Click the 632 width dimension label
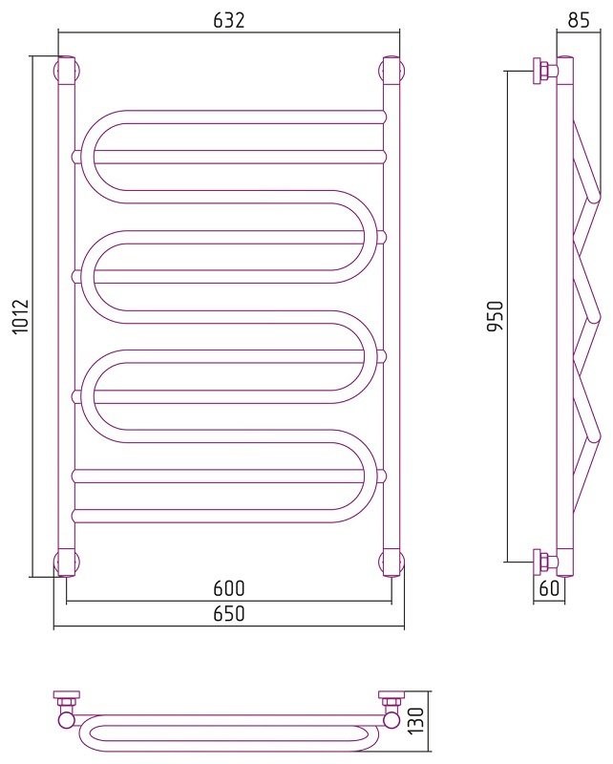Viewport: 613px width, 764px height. click(x=228, y=20)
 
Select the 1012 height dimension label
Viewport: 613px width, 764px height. click(x=21, y=317)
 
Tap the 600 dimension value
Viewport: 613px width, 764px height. click(x=228, y=588)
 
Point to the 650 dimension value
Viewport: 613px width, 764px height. click(x=228, y=613)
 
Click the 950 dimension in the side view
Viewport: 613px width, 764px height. click(x=495, y=316)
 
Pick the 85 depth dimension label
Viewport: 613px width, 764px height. click(x=579, y=20)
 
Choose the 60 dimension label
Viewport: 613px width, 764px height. click(x=549, y=588)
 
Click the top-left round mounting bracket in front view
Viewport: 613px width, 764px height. click(x=66, y=71)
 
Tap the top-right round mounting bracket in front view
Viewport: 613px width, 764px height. click(x=391, y=71)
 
